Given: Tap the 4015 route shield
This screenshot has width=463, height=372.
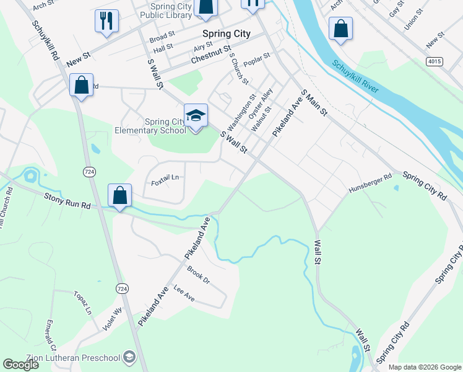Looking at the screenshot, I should coord(435,61).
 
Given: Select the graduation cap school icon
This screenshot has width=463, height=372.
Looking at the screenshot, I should coord(196,116).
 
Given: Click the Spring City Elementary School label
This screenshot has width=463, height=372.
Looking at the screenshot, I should coord(150,126).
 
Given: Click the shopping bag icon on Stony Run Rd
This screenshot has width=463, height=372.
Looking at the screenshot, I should coord(120,195).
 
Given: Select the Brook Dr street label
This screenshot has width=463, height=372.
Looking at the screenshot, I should coord(199,276).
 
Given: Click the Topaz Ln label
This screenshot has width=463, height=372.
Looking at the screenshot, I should coord(82,302).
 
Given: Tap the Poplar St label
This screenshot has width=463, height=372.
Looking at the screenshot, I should coord(257,60).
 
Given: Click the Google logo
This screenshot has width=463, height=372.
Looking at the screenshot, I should coord(20,365).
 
